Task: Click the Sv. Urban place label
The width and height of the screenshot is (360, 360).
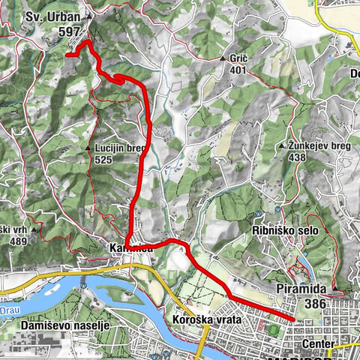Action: pyautogui.click(x=53, y=16)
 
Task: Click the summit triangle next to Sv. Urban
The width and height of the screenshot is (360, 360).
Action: pyautogui.click(x=89, y=16)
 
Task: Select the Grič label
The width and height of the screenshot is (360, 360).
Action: pyautogui.click(x=238, y=58)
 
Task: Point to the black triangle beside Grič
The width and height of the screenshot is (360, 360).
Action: pyautogui.click(x=223, y=58)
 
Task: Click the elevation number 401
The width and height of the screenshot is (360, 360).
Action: pyautogui.click(x=238, y=70)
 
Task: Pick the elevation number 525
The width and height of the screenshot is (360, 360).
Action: pyautogui.click(x=103, y=160)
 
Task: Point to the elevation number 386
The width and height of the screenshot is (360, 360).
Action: pyautogui.click(x=321, y=304)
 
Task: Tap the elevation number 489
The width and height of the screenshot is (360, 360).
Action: pyautogui.click(x=17, y=241)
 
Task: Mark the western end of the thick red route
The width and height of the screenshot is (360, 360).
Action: pyautogui.click(x=67, y=55)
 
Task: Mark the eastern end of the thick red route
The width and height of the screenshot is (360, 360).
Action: pyautogui.click(x=293, y=319)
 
